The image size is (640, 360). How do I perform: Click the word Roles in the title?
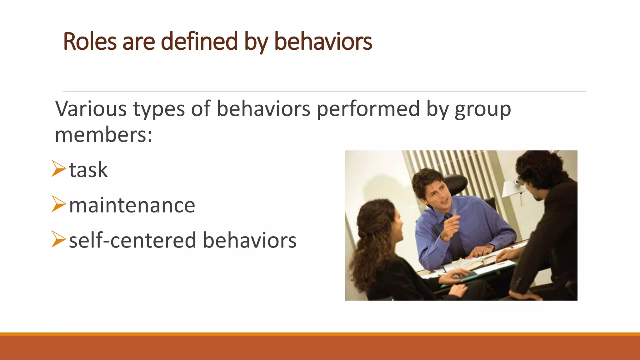90,42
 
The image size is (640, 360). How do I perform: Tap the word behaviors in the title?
323,42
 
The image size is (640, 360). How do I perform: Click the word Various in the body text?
91,109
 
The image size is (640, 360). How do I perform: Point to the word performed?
368,109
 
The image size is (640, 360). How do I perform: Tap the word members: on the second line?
103,135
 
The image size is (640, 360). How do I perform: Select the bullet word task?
88,170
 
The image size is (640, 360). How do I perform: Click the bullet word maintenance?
132,206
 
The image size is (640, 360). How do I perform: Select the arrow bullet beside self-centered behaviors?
58,239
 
